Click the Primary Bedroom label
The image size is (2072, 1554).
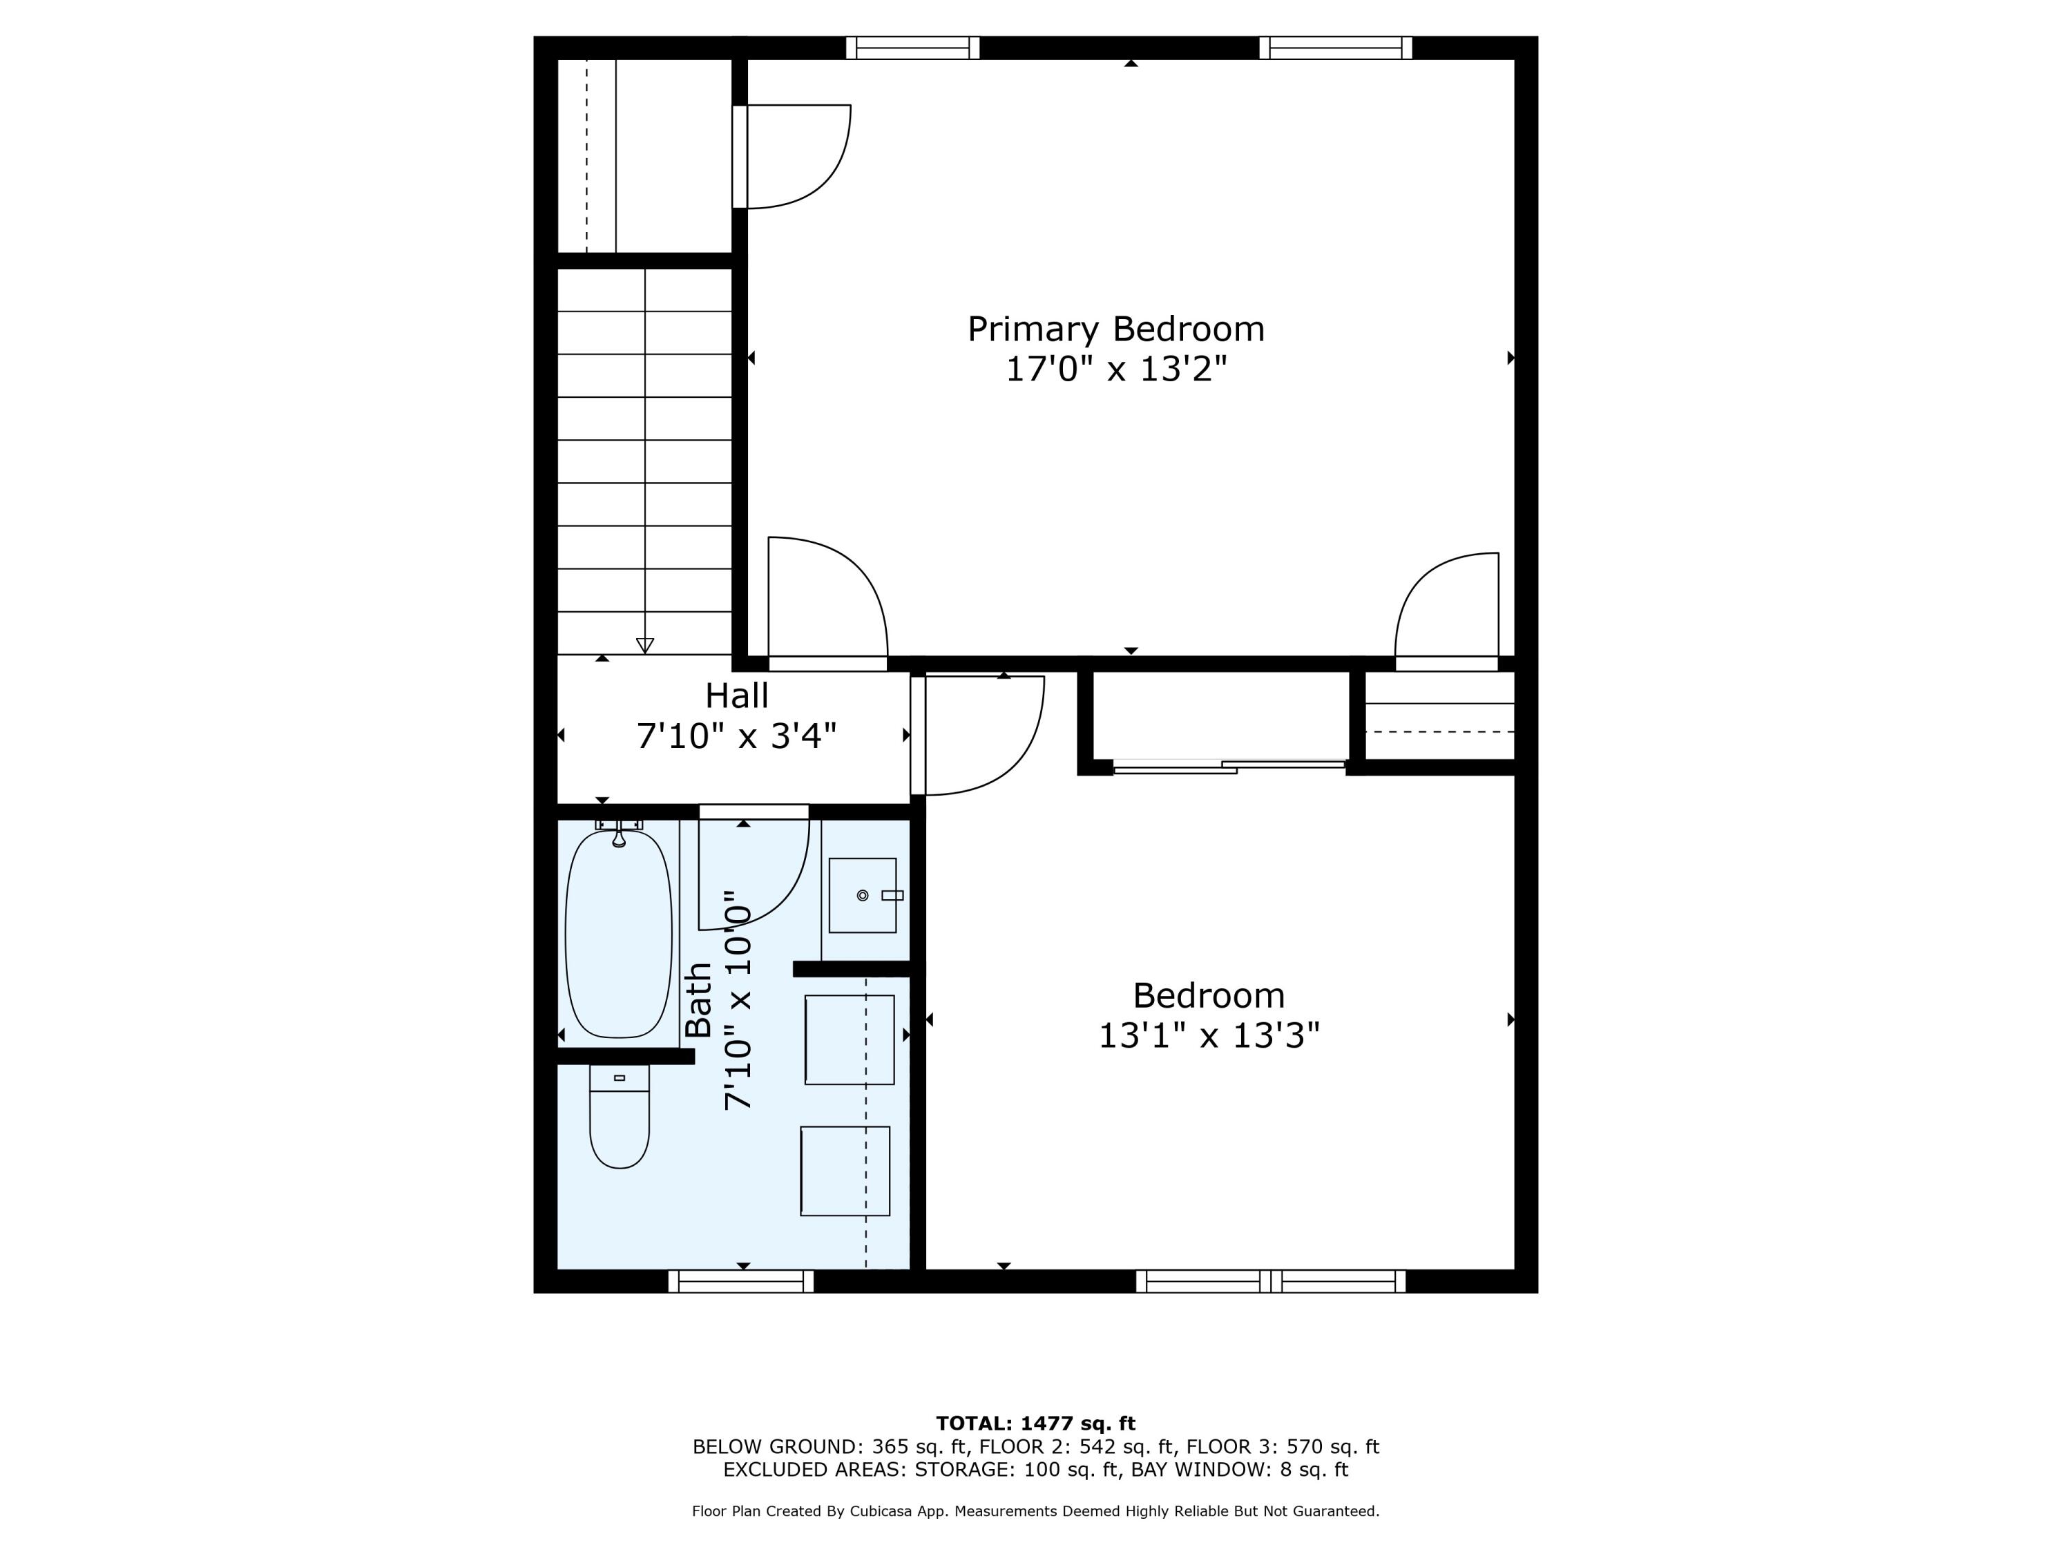(x=1115, y=329)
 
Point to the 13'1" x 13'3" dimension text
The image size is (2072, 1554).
(x=1209, y=1036)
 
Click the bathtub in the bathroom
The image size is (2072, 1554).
(x=618, y=934)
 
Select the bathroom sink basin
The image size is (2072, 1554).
(x=862, y=896)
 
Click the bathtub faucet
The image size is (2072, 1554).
(x=618, y=834)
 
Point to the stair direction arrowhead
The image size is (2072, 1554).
(x=644, y=645)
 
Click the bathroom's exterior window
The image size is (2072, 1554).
(x=741, y=1281)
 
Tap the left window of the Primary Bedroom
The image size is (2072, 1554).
(x=912, y=48)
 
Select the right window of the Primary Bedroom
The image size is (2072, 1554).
(x=1335, y=48)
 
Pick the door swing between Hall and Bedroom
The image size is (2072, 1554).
(x=979, y=736)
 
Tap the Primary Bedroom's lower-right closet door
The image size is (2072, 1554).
(x=1447, y=609)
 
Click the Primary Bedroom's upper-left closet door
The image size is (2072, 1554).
(x=792, y=156)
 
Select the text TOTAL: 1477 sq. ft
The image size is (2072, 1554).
(x=1035, y=1423)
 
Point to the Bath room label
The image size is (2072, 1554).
(x=699, y=1000)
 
